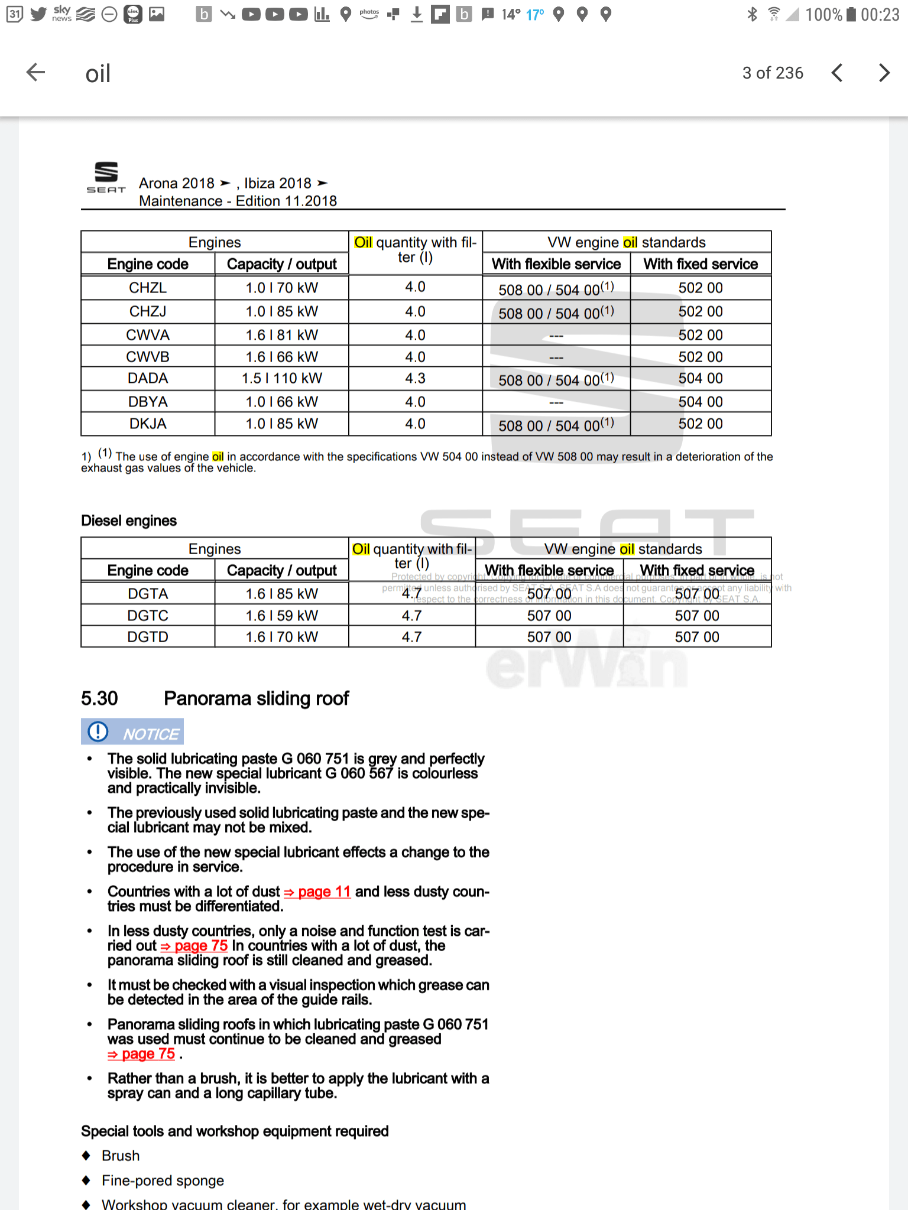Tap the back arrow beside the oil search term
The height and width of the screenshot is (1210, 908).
[36, 73]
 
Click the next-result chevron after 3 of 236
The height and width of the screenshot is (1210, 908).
[884, 73]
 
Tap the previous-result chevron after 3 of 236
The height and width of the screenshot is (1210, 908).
[836, 73]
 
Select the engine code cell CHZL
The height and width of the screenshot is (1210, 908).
[148, 288]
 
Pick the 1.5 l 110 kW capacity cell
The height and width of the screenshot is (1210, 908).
[281, 378]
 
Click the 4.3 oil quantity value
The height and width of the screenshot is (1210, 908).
[415, 378]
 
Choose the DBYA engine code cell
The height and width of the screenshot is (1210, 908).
[148, 402]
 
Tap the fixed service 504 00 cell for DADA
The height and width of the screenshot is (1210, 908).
[700, 378]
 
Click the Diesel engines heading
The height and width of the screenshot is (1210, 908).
[129, 521]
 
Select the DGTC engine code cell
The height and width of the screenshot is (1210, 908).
[148, 616]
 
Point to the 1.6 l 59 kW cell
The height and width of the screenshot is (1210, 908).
[281, 616]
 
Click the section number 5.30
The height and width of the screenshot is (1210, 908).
[99, 698]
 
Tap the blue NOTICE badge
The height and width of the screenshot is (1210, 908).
[132, 732]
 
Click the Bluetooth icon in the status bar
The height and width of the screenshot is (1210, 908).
[752, 14]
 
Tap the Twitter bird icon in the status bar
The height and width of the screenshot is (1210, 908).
[38, 14]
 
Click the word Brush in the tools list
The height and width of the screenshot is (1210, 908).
[121, 1156]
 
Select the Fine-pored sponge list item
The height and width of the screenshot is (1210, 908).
[163, 1180]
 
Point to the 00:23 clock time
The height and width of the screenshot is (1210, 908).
[880, 15]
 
